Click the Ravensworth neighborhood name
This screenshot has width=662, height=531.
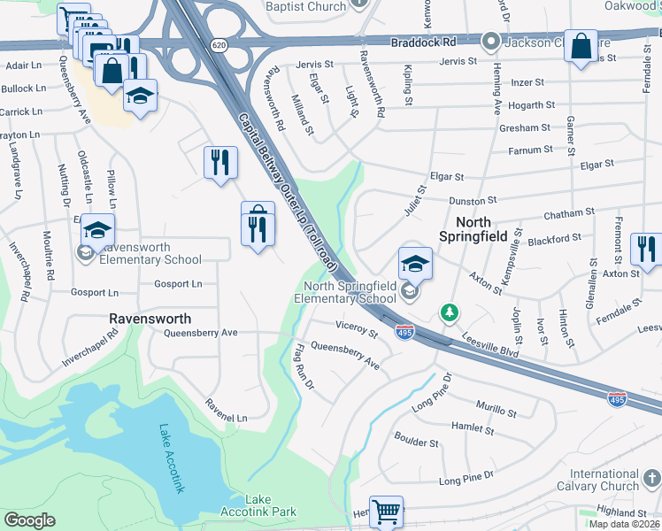click(x=150, y=317)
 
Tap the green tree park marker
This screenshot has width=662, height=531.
click(x=450, y=313)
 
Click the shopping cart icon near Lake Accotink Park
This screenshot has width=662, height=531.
click(x=387, y=512)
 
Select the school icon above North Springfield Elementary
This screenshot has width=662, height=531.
click(x=414, y=263)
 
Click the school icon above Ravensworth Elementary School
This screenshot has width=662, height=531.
click(x=98, y=230)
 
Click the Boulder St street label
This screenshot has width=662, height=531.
click(x=416, y=442)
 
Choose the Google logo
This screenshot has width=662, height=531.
click(x=29, y=520)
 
